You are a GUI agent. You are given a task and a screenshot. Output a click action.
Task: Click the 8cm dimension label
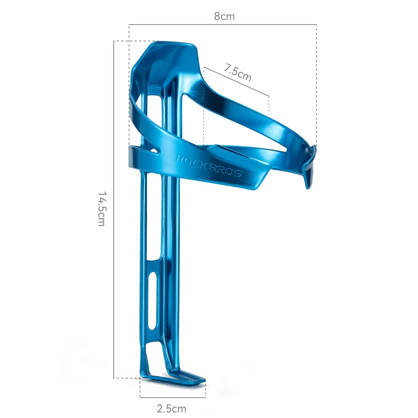pyautogui.click(x=224, y=17)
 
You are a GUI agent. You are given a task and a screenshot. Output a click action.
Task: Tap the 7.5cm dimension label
pyautogui.click(x=237, y=72)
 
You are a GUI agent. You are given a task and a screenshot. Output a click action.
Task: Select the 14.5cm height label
pyautogui.click(x=102, y=209)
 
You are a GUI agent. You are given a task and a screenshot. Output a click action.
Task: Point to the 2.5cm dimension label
pyautogui.click(x=171, y=408)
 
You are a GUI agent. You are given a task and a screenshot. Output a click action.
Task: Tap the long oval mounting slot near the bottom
pyautogui.click(x=153, y=301)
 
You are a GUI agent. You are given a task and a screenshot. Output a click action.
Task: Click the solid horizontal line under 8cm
pyautogui.click(x=223, y=25)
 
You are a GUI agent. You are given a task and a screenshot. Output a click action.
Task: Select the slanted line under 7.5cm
pyautogui.click(x=237, y=82)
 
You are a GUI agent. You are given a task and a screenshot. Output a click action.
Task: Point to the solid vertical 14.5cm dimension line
pyautogui.click(x=114, y=209)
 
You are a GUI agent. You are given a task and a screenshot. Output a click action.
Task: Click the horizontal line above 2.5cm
pyautogui.click(x=173, y=397)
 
